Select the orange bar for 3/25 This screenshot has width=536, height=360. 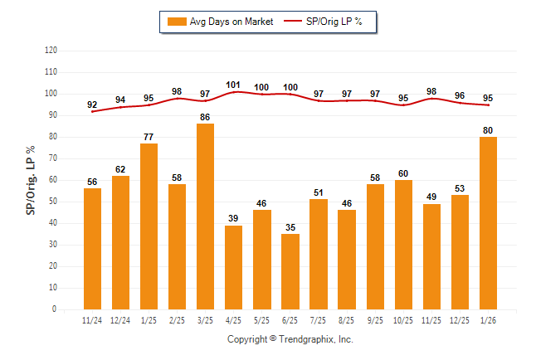point(205,216)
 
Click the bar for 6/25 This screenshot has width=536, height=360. point(290,271)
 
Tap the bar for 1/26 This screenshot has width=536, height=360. point(488,223)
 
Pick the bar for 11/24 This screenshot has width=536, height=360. point(92,249)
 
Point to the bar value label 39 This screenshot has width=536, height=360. point(233,217)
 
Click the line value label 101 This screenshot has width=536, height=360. point(233,84)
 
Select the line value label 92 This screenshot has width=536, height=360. point(92,105)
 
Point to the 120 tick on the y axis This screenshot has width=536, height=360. point(51,51)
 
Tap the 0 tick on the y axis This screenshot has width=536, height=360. point(55,309)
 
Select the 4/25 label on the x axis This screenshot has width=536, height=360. point(233,319)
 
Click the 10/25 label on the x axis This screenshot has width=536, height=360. point(403,319)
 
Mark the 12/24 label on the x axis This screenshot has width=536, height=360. point(120,319)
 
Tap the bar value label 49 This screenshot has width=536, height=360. point(431,197)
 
